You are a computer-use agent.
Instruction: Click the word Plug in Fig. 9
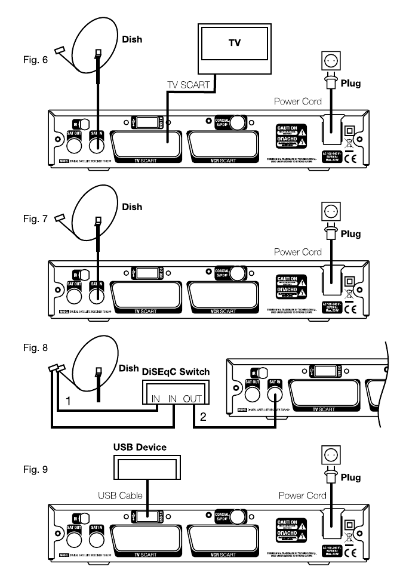350,479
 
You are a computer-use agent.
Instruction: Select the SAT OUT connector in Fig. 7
75,294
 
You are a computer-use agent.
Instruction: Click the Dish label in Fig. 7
132,208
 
